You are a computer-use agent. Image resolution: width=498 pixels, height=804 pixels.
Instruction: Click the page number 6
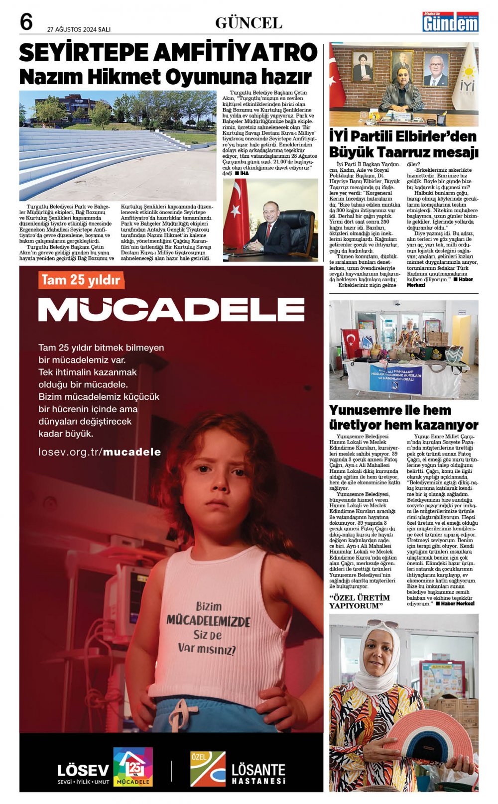pos(26,23)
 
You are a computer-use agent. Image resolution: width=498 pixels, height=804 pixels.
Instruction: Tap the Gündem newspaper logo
pos(450,22)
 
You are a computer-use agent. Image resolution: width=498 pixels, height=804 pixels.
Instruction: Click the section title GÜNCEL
pos(249,23)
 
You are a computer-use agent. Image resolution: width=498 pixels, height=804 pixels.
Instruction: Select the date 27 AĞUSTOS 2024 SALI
pos(79,29)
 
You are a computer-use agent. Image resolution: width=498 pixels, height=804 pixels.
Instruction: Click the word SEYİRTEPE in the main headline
pos(84,53)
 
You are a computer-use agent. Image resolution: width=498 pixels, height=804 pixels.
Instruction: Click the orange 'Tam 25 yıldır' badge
pos(81,280)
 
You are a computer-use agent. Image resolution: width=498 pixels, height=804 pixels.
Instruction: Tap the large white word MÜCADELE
pos(171,310)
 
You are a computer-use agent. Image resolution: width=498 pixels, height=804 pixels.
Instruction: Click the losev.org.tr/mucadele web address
pos(100,452)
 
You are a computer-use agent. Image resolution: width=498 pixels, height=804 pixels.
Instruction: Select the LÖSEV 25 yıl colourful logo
pos(132,767)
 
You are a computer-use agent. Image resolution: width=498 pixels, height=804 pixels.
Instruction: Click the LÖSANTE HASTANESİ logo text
pos(258,774)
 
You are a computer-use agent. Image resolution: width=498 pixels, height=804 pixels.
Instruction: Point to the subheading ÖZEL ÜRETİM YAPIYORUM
pos(359,601)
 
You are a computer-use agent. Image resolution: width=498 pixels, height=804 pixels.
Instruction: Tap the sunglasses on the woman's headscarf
pos(382,623)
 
